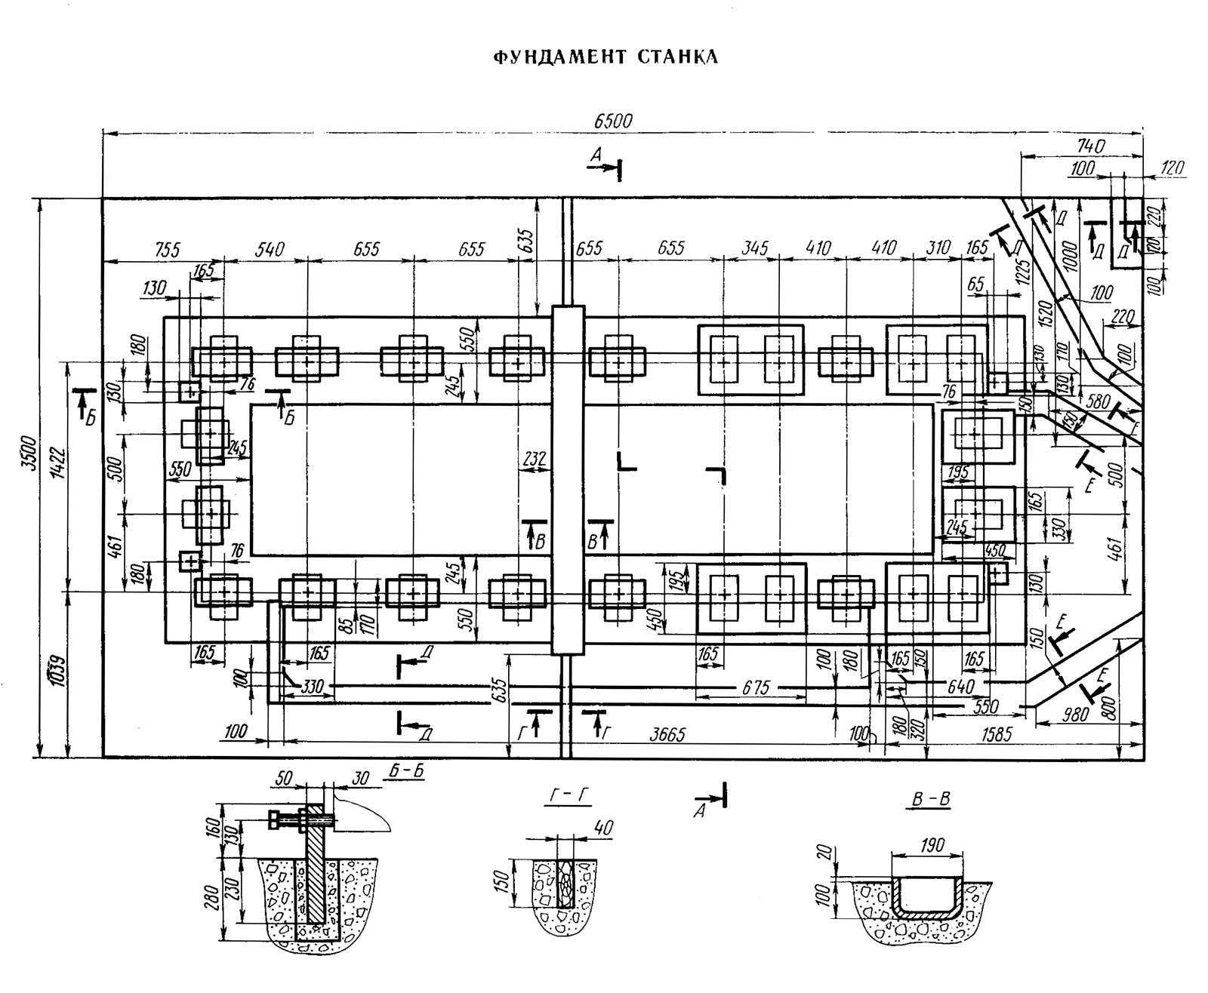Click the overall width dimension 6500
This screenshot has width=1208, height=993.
pos(612,121)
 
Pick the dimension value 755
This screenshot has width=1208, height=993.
pos(162,249)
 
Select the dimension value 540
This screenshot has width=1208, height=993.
pos(270,249)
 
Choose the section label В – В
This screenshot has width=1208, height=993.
pos(929,800)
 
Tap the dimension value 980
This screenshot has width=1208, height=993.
pos(1074,714)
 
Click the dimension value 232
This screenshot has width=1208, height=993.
pos(534,458)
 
